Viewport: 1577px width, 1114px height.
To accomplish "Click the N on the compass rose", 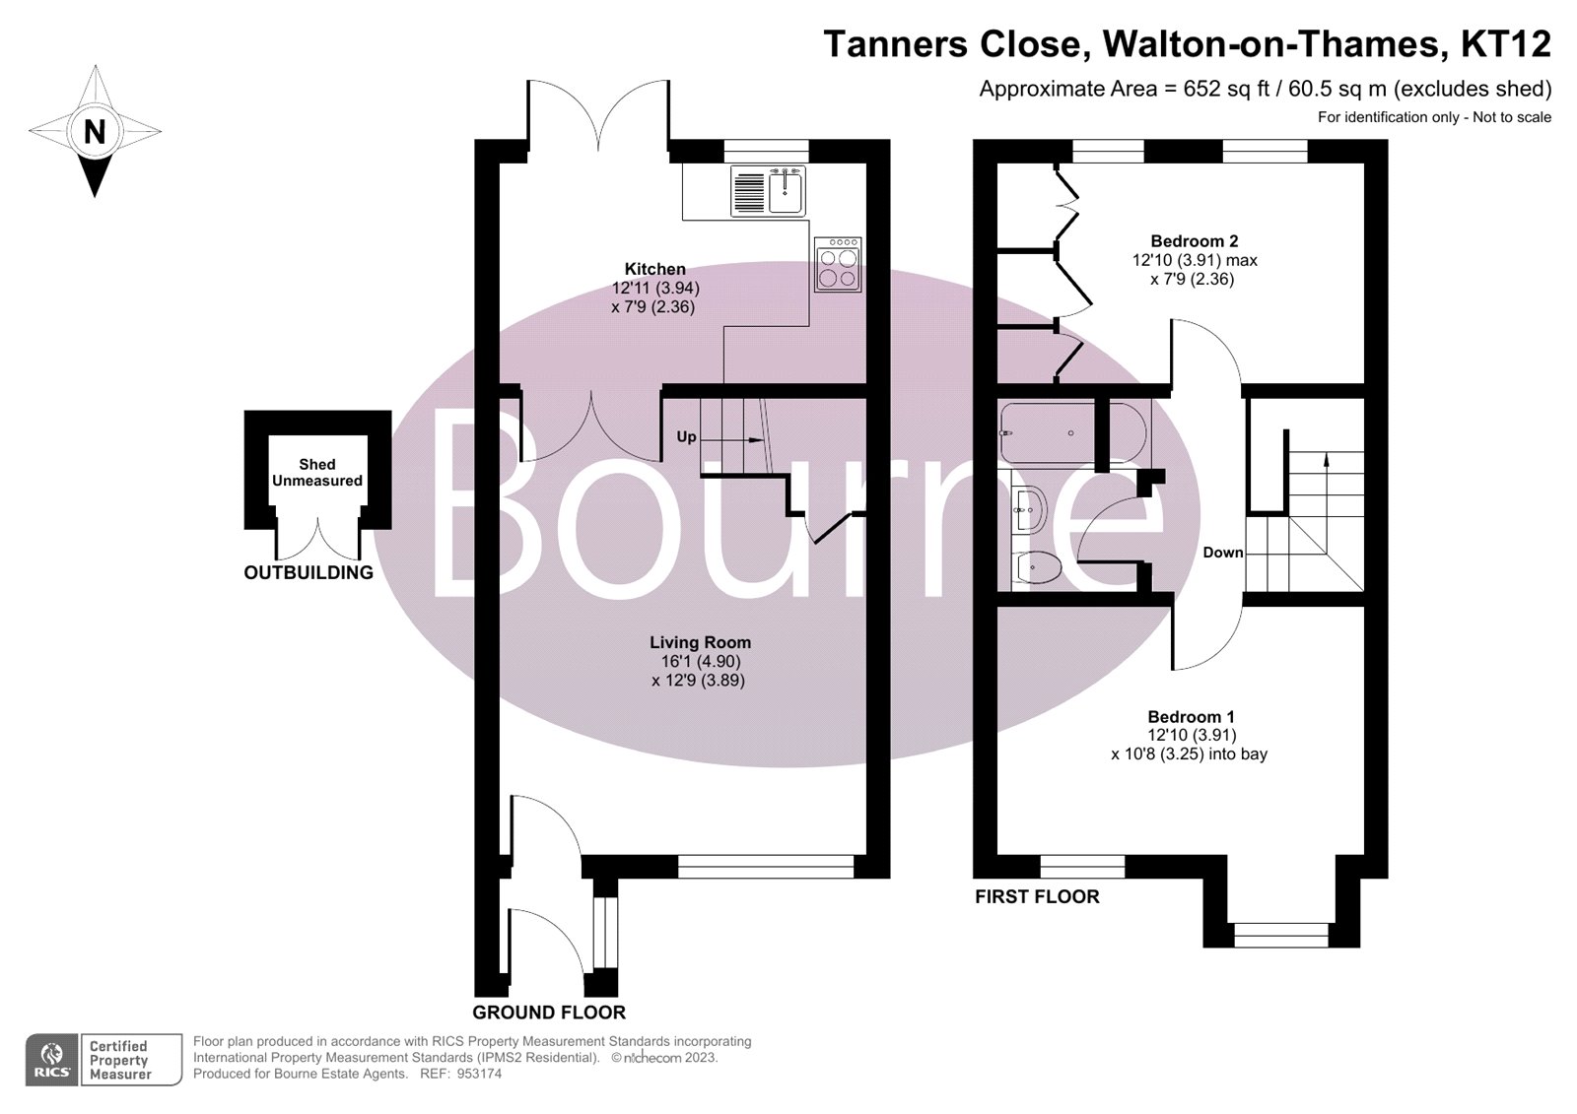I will (x=95, y=131).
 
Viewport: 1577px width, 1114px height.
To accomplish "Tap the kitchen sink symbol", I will (x=787, y=190).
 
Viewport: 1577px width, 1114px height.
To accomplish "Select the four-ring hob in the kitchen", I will (x=838, y=264).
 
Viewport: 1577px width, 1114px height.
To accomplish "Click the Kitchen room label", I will (x=654, y=269).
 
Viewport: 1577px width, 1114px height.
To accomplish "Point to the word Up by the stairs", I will (x=686, y=436).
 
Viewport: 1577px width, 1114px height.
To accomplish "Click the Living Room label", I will (x=700, y=642).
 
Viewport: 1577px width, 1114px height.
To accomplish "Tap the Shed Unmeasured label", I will (x=317, y=472).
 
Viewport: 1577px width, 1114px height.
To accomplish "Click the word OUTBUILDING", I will (x=309, y=572).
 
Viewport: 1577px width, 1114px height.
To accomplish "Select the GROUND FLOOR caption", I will (x=549, y=1012).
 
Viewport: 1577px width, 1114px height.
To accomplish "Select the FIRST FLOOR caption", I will (x=1037, y=896).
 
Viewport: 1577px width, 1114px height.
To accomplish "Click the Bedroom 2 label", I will (x=1195, y=241).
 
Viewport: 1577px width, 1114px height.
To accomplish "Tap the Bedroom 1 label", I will (x=1191, y=717).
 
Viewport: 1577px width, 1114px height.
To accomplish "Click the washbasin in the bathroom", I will (x=1028, y=509).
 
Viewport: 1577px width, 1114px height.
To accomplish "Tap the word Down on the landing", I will (x=1222, y=553).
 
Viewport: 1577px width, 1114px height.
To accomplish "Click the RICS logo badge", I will (x=51, y=1060).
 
